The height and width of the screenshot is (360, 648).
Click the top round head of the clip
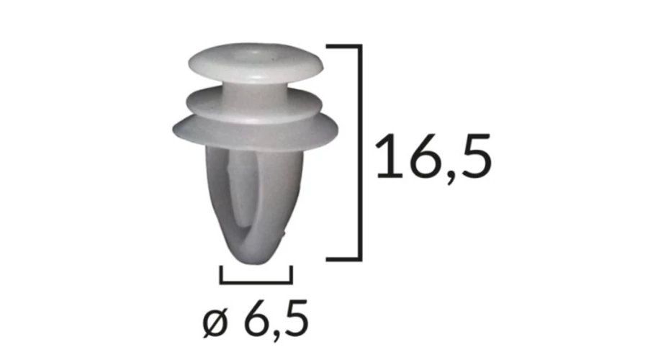256,62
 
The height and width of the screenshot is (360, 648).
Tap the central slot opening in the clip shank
240,194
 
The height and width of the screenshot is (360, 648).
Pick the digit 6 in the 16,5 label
426,156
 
